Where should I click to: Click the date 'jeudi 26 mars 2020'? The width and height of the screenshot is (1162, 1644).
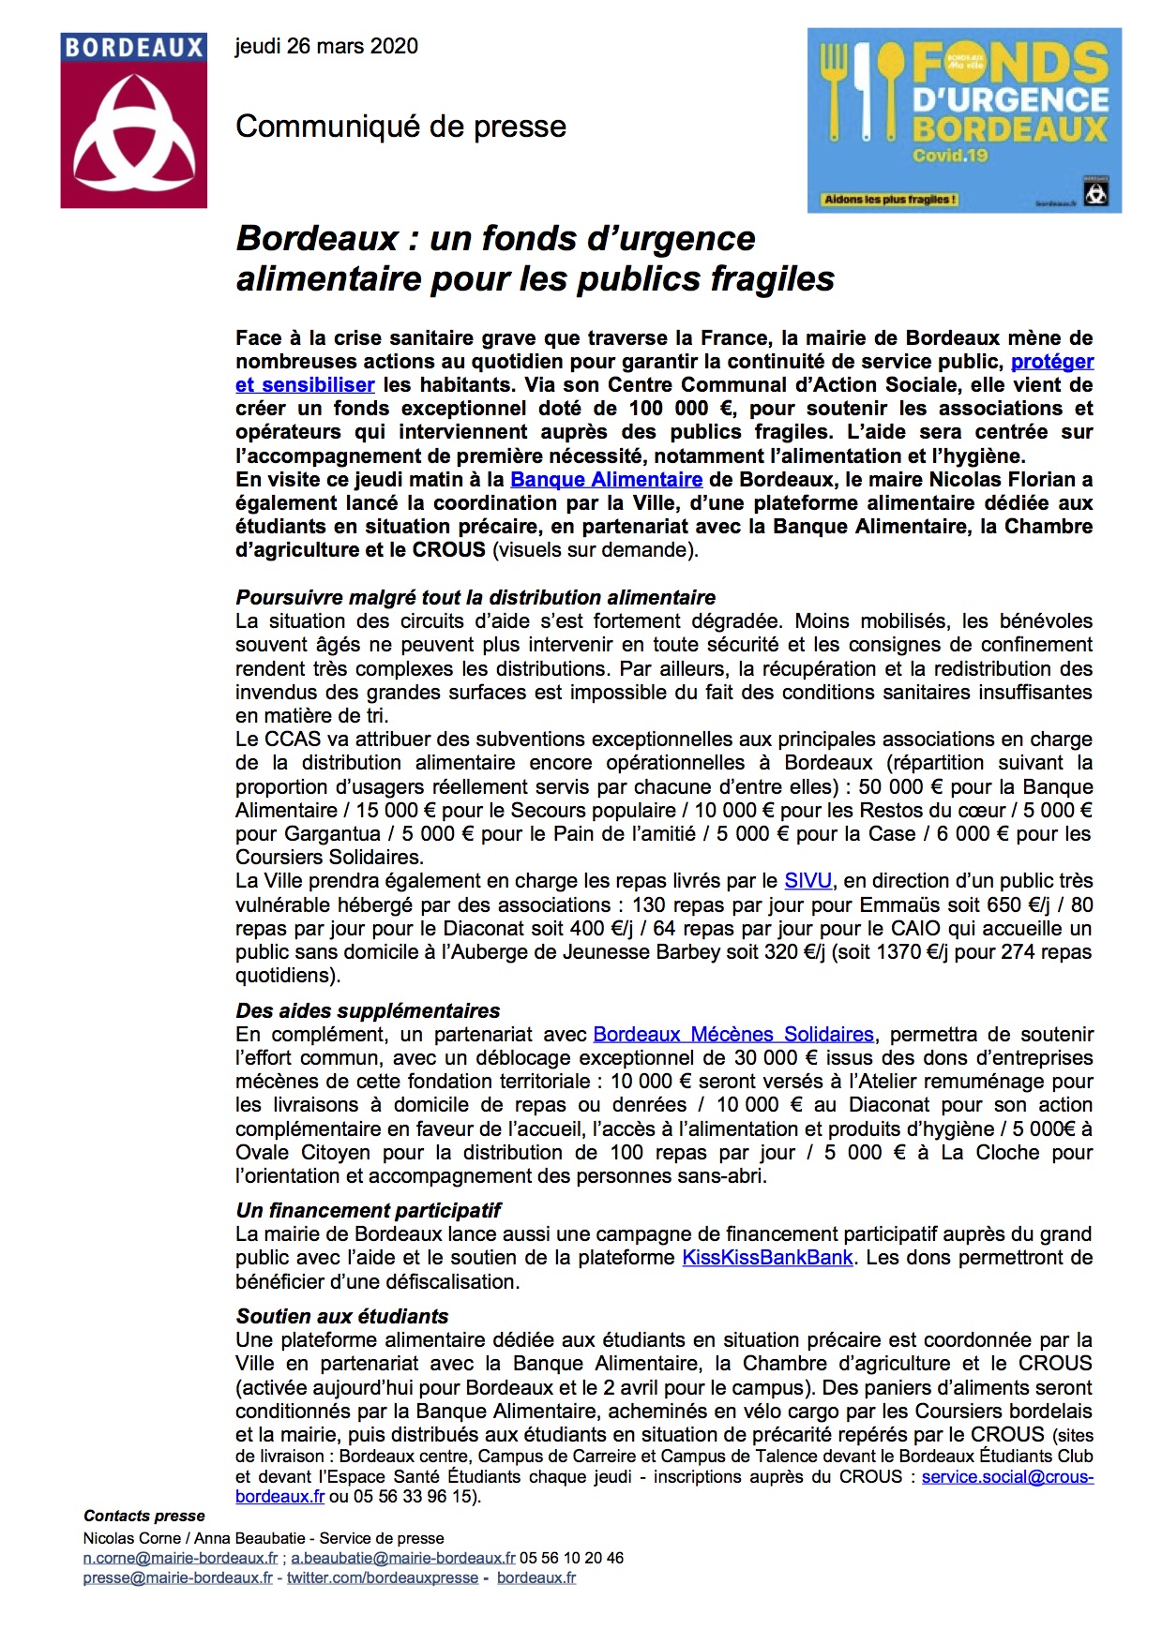tap(326, 46)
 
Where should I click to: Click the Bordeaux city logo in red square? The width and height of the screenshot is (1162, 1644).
tap(133, 120)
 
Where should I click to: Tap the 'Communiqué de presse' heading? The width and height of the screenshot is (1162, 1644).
tap(400, 127)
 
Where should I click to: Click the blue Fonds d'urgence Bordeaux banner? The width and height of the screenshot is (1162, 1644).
tap(964, 119)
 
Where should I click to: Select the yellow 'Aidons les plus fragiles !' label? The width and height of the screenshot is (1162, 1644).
tap(890, 200)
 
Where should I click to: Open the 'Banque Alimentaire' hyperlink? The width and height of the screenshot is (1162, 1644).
tap(606, 480)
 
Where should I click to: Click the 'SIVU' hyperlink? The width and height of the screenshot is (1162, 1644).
tap(807, 881)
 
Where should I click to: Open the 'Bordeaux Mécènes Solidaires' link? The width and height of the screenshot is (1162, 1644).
tap(733, 1035)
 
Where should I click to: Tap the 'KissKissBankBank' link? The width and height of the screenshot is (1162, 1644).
tap(767, 1258)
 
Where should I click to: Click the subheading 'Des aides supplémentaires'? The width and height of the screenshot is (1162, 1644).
tap(368, 1011)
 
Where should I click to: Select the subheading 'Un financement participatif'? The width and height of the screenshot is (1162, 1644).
tap(368, 1211)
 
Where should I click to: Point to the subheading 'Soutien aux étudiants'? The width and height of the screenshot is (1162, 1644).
tap(341, 1317)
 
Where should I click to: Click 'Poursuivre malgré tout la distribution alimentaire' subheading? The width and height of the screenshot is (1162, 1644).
tap(475, 598)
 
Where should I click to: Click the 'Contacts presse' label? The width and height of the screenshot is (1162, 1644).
tap(144, 1517)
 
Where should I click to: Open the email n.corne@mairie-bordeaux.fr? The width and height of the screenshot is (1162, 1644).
tap(180, 1558)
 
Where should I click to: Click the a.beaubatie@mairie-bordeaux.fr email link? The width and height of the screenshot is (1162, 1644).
tap(403, 1558)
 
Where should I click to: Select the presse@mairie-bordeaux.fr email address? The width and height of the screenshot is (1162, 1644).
tap(178, 1578)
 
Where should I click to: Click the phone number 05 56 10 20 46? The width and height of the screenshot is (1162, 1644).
tap(571, 1558)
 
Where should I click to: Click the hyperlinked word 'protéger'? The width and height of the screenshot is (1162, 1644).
tap(1051, 362)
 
